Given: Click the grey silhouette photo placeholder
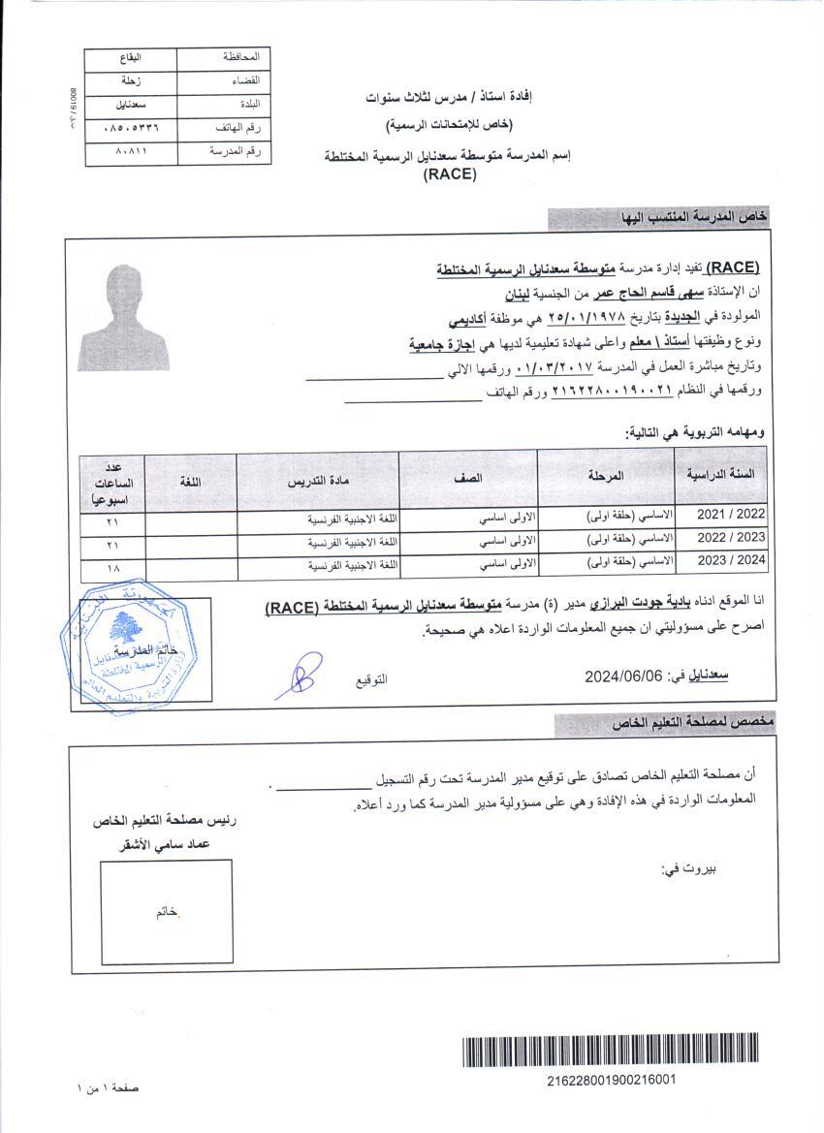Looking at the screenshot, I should tap(123, 317).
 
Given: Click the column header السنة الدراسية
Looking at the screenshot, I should tap(721, 475).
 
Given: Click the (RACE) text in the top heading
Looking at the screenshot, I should tap(449, 175).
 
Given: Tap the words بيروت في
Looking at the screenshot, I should tap(689, 869).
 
